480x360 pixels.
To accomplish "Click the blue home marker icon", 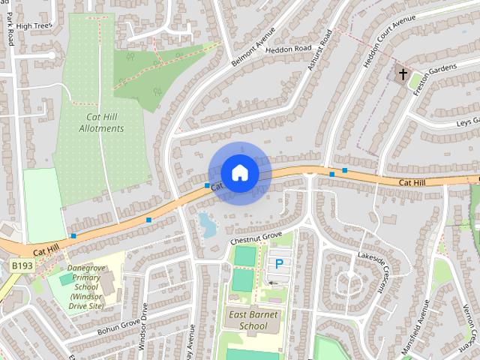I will pyautogui.click(x=240, y=172).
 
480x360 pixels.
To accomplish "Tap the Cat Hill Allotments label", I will pyautogui.click(x=101, y=122).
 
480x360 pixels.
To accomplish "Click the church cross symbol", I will pyautogui.click(x=403, y=74).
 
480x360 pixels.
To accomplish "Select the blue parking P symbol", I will pyautogui.click(x=279, y=264).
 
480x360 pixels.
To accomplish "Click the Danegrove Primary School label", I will pyautogui.click(x=85, y=286).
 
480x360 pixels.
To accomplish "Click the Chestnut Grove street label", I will pyautogui.click(x=256, y=238).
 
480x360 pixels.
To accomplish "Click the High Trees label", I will pyautogui.click(x=32, y=25).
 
